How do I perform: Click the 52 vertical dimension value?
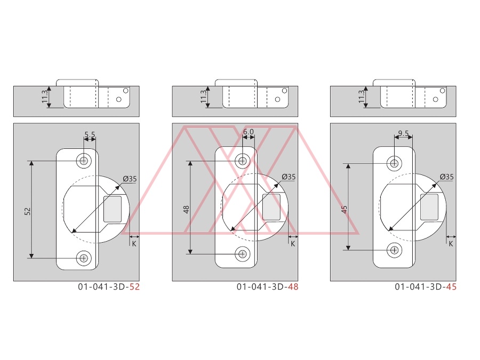pos(28,211)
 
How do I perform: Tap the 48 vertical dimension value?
pos(187,210)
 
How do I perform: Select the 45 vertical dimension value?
pos(345,210)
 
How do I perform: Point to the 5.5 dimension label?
pos(90,134)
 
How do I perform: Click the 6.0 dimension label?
pos(248,132)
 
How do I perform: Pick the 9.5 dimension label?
pos(404,133)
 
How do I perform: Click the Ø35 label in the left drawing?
pos(130,179)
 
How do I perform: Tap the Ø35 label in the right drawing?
pos(446,177)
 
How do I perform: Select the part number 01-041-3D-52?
pos(109,287)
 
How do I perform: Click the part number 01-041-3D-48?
pos(268,287)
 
